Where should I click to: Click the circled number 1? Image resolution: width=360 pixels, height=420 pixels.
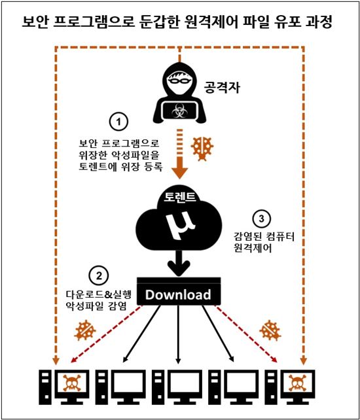[118, 122]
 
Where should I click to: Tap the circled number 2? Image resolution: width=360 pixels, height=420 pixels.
[99, 276]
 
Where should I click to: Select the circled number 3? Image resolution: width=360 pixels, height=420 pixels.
[261, 219]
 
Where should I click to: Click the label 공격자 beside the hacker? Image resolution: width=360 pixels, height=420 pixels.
[222, 87]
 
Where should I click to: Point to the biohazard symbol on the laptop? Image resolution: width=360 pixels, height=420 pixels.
[177, 111]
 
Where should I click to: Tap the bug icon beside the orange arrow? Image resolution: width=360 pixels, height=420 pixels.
[202, 149]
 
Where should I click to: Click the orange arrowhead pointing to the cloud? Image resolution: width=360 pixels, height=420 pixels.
[179, 171]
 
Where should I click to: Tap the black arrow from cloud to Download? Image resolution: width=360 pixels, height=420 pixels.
[179, 263]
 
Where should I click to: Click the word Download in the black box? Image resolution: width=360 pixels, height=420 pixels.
[178, 294]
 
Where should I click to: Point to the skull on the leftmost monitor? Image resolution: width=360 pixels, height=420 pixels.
[72, 383]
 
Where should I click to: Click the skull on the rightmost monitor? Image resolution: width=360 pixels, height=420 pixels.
[297, 383]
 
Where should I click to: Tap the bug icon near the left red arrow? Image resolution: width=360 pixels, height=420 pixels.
[84, 330]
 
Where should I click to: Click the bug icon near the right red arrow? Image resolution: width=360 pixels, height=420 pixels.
[270, 330]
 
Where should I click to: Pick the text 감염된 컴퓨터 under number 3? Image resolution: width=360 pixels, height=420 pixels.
[264, 237]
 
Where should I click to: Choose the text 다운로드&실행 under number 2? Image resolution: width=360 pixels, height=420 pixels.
[99, 294]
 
